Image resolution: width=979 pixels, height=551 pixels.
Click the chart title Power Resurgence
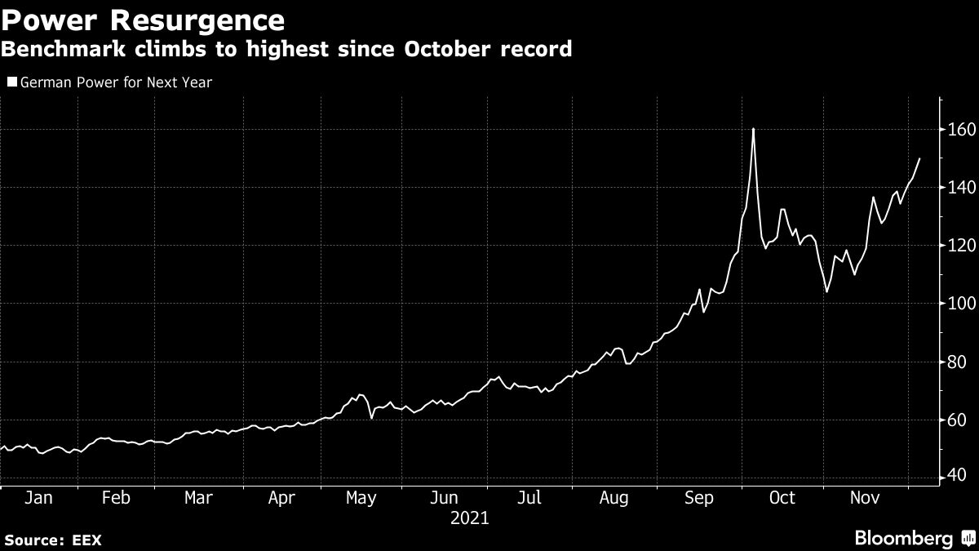click(143, 19)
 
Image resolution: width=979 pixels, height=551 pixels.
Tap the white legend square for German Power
click(11, 82)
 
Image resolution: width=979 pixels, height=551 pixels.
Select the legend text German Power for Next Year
click(116, 82)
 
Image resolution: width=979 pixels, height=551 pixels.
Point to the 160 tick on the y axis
click(959, 129)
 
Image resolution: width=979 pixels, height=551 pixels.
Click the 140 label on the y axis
click(959, 188)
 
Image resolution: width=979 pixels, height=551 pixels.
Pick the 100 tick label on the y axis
click(959, 304)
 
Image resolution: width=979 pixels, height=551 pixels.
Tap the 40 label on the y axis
click(959, 477)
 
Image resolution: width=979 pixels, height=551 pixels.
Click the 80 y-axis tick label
click(959, 362)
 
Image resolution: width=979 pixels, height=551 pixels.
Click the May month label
click(360, 498)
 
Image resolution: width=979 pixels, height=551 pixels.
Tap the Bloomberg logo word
click(903, 539)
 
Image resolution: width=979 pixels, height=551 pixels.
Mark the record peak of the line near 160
click(753, 129)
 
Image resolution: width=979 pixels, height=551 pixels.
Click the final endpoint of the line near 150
click(920, 158)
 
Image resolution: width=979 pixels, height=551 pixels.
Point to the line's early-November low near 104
click(826, 291)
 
